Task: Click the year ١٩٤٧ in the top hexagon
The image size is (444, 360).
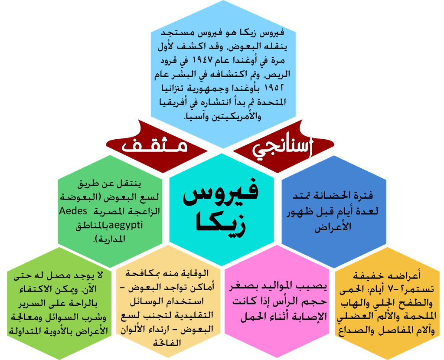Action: tap(202, 60)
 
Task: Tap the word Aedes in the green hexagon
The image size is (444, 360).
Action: tap(73, 211)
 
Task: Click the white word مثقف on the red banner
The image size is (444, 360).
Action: tap(155, 146)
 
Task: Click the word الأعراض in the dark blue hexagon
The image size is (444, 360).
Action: tap(333, 226)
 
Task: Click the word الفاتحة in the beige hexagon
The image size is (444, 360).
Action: tap(167, 343)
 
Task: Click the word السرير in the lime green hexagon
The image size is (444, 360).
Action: tap(31, 303)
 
